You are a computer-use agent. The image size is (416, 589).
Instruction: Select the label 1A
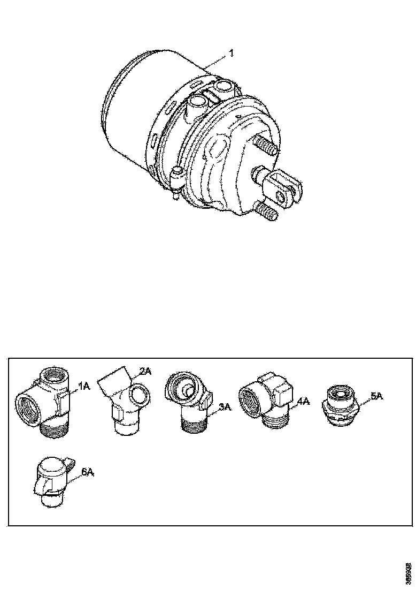tap(84, 386)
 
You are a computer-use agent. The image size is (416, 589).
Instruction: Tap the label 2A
tap(145, 371)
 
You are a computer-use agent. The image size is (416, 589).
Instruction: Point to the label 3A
tap(225, 407)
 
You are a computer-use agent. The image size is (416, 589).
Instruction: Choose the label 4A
tap(304, 400)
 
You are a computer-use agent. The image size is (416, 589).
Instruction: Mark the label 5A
tap(376, 396)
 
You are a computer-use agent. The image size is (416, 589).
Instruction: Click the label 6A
tap(87, 472)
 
